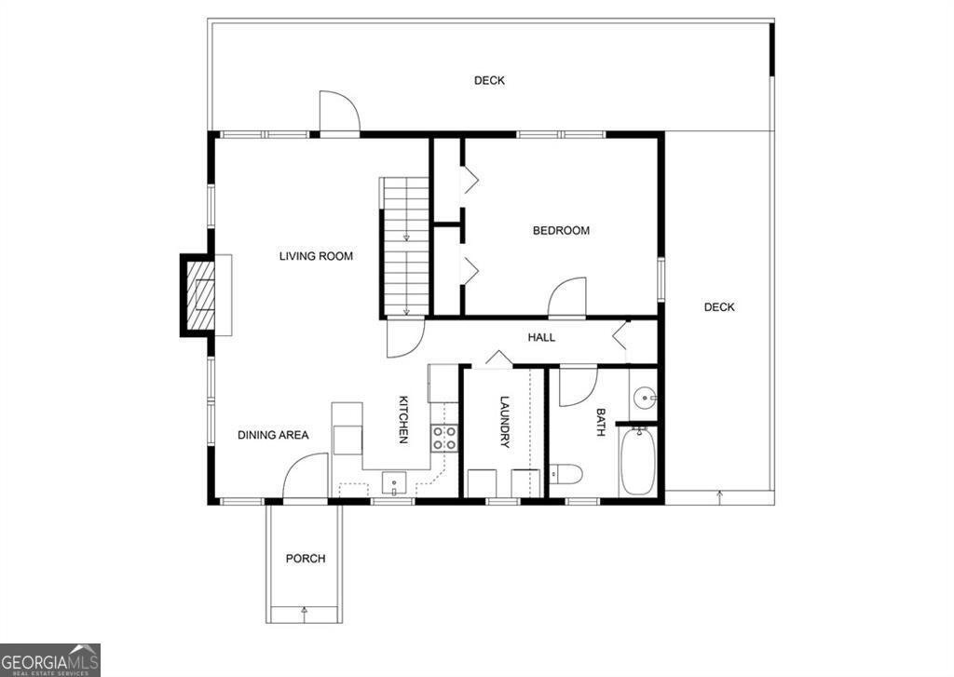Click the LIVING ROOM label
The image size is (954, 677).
point(316,256)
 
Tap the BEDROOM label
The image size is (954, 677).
point(561,231)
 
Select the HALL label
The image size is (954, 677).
point(541,337)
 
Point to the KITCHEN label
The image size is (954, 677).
point(404,419)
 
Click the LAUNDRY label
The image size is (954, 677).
point(504,422)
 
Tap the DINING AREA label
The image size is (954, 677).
point(272,435)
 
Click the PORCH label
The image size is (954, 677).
point(306,559)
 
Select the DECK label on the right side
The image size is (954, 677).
point(718,307)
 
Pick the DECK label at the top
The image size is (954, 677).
point(489,81)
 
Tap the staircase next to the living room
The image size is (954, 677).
point(405,247)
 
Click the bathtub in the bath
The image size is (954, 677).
point(639,464)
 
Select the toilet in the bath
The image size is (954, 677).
point(565,475)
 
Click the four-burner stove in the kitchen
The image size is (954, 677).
point(444,438)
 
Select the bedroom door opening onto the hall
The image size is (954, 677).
point(567,298)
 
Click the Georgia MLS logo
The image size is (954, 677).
point(50,659)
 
